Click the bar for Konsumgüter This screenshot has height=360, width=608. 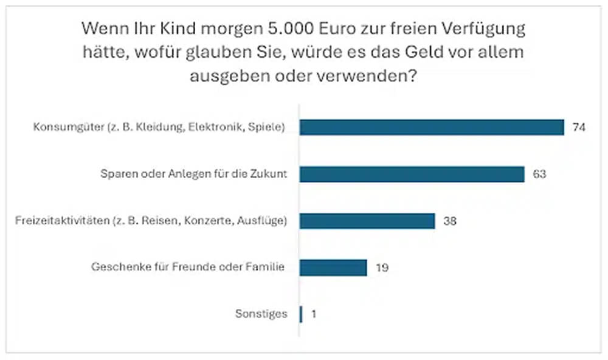tap(432, 127)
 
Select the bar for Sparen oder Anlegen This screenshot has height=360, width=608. tap(412, 174)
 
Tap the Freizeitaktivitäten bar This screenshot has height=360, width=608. tap(367, 221)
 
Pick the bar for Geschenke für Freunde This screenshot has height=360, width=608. tap(333, 268)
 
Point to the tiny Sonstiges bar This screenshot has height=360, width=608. tap(301, 314)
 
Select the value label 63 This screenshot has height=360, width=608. tap(539, 174)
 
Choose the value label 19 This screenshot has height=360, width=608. tap(381, 268)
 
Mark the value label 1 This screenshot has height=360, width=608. tap(313, 314)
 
